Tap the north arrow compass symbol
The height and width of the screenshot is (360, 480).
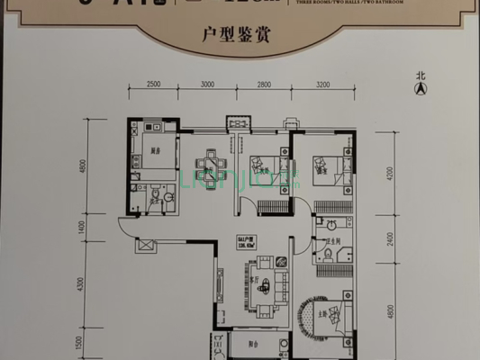pos(419,86)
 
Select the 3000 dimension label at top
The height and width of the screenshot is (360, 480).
pos(209,85)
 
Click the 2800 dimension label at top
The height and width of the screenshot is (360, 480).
pos(264,85)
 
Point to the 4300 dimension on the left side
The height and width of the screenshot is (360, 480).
pos(82,285)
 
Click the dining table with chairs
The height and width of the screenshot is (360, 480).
pos(211,165)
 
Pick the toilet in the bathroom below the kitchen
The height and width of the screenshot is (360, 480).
pos(155,194)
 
